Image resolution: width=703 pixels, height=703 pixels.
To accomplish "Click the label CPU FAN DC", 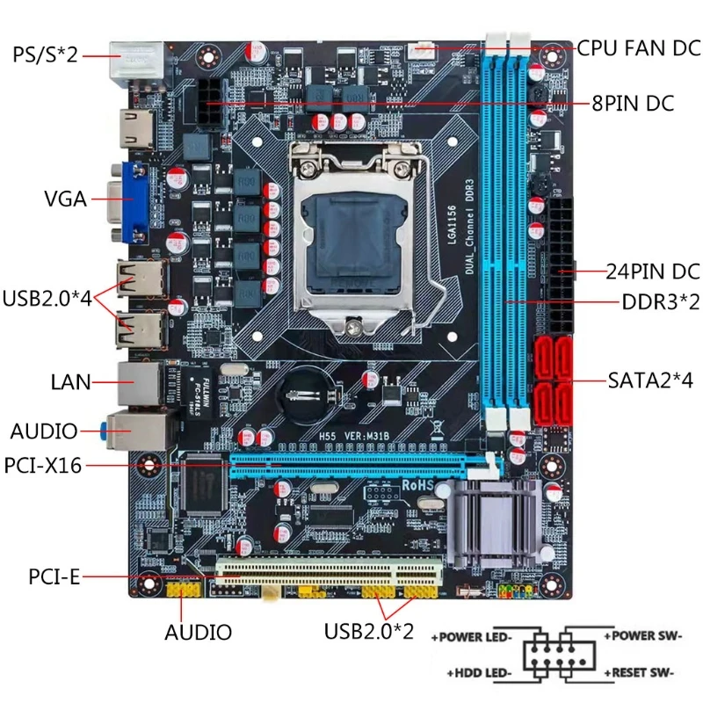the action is tap(639, 48).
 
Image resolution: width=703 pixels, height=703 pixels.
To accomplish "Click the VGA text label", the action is tap(65, 199).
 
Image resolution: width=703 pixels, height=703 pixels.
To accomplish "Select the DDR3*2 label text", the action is tap(660, 301).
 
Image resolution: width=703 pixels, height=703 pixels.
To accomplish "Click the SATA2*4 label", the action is tap(650, 381).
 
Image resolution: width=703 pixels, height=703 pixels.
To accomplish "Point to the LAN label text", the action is tap(71, 381).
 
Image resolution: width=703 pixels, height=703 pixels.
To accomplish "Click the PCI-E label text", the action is tap(54, 577).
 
